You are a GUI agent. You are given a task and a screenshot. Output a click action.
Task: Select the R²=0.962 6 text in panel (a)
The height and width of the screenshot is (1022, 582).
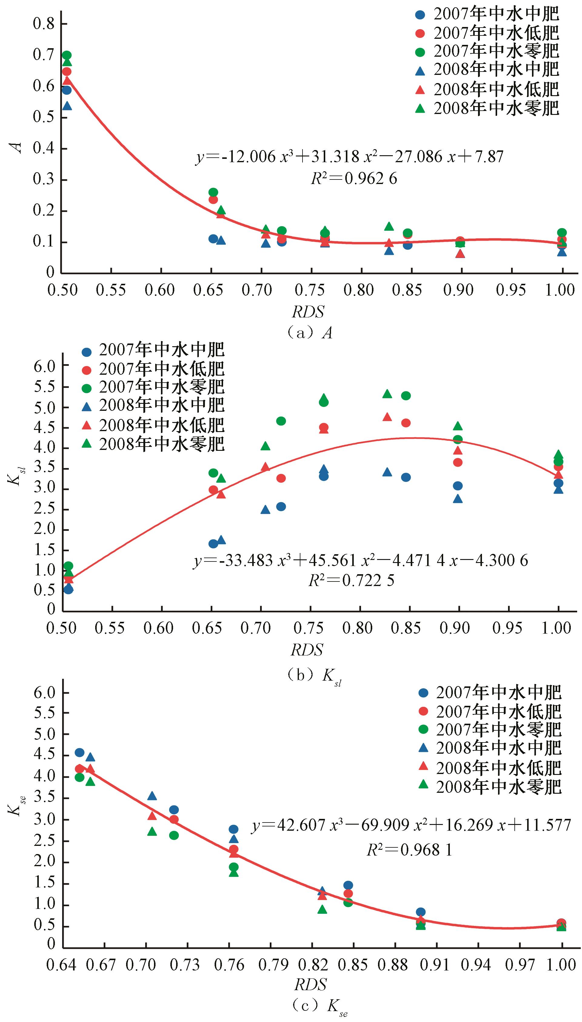(354, 179)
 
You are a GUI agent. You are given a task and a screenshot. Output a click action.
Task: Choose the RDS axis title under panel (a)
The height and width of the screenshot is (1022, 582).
(308, 311)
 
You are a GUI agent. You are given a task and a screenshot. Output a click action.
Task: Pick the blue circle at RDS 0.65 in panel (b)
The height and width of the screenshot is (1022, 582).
(213, 544)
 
